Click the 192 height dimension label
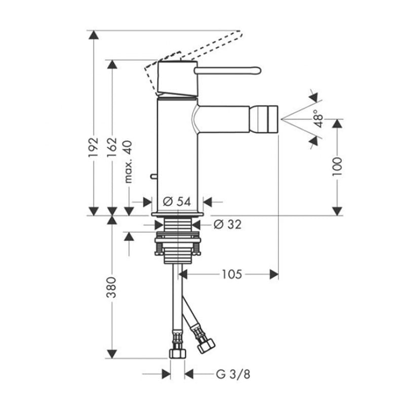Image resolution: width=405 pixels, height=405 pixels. point(93,147)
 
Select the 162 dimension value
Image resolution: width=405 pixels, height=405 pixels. point(112,147)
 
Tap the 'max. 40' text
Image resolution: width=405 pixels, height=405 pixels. point(128,162)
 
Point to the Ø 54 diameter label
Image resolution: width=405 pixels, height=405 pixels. point(177,201)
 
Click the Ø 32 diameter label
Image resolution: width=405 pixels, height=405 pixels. point(228,224)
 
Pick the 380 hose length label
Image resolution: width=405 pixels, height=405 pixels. point(111,287)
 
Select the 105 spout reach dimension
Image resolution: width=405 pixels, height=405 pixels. point(232,274)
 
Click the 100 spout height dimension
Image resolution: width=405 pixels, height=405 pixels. point(337,167)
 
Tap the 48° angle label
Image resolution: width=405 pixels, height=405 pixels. point(319,118)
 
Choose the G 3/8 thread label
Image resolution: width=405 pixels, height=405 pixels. point(233,374)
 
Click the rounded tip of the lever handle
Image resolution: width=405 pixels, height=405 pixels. point(258,70)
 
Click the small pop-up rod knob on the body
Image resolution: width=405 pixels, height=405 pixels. point(153,176)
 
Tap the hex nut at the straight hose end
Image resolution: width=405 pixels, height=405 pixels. point(178,353)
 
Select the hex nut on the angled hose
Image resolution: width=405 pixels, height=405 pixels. point(207,346)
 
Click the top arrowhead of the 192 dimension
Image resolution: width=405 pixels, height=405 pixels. point(94,34)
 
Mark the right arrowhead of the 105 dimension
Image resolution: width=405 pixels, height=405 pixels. point(274,274)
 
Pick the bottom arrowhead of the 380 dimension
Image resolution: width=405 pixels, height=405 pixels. point(111,354)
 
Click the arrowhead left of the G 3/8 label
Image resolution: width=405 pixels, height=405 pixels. point(167,374)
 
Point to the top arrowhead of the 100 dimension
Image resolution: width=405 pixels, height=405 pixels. point(337,124)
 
